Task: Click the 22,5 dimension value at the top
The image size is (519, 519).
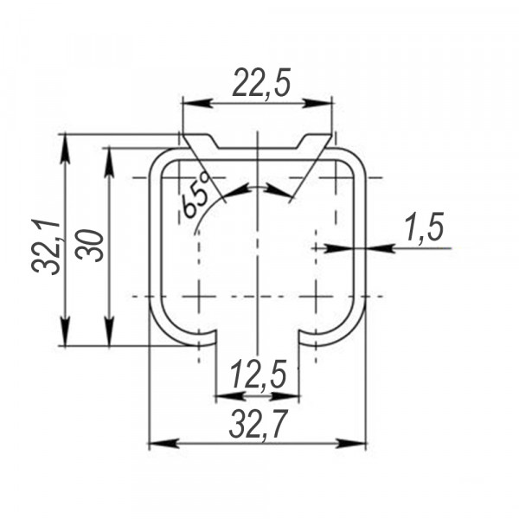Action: pyautogui.click(x=261, y=83)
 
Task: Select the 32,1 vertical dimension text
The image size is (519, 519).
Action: pyautogui.click(x=46, y=247)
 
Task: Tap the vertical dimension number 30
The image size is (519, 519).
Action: pyautogui.click(x=89, y=246)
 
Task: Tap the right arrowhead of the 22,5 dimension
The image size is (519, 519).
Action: pyautogui.click(x=317, y=104)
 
